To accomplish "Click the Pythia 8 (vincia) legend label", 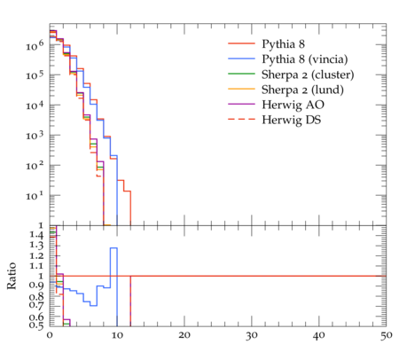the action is coord(305,59).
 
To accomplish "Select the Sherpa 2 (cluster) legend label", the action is coord(308,74).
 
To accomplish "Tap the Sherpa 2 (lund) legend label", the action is coord(302,90).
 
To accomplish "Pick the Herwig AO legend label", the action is coord(293,105).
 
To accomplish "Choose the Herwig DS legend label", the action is coord(292,120).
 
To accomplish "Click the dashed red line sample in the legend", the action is coord(241,119).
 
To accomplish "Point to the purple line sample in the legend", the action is coord(241,104).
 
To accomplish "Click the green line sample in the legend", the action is coord(241,74).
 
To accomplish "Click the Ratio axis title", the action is coord(12,276).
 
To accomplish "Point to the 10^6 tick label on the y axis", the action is coord(35,45).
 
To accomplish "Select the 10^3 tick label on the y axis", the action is coord(35,136).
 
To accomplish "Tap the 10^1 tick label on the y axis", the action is coord(35,196).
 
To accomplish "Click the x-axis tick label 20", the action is coord(184,335).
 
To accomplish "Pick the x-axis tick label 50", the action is coord(386,335).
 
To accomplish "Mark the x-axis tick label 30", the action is coord(252,335).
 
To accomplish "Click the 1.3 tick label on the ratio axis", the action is coord(36,246).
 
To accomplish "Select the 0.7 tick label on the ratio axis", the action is coord(36,305).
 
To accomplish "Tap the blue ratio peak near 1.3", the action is coord(113,248).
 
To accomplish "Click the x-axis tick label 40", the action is coord(319,335).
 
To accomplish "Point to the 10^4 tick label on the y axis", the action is coord(35,106).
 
